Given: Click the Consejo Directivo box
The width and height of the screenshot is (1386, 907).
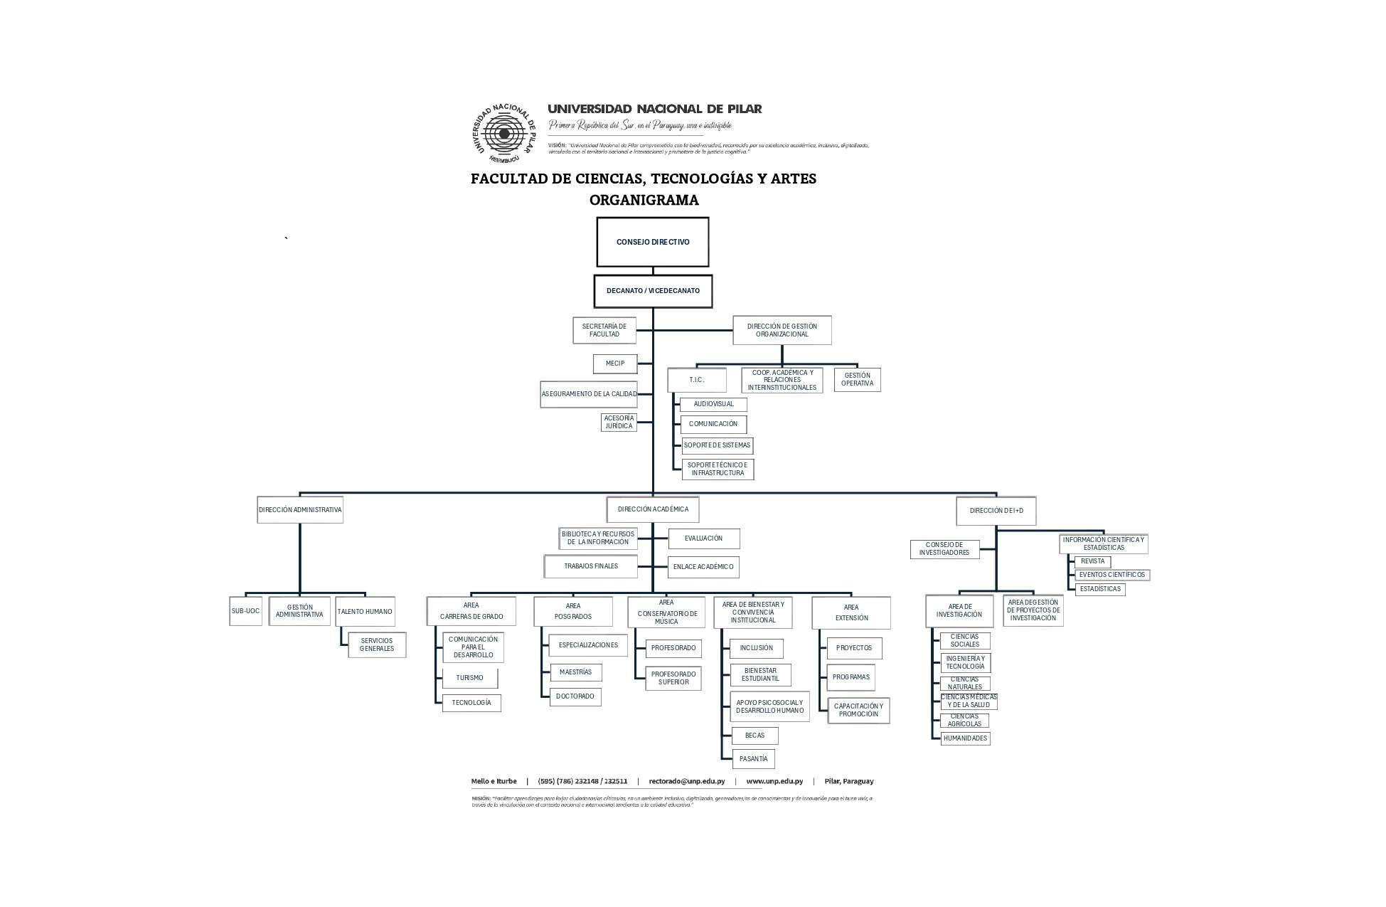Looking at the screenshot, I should [x=652, y=242].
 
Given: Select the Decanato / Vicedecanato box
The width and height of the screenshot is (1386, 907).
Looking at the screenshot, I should [x=652, y=291].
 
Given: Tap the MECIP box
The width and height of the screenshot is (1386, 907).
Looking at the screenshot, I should [x=615, y=364].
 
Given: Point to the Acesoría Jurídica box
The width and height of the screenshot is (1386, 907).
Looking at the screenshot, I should [x=619, y=422].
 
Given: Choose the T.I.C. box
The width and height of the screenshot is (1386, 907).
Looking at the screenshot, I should [x=696, y=380].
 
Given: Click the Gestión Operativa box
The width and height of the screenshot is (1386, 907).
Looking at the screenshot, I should [x=857, y=380].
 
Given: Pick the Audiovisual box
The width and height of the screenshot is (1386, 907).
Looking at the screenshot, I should [x=713, y=404].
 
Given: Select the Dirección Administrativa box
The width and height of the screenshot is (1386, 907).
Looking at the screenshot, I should [x=299, y=510].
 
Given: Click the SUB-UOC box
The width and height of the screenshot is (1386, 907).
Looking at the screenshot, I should [x=245, y=611].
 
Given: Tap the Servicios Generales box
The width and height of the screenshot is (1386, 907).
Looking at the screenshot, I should [x=377, y=645].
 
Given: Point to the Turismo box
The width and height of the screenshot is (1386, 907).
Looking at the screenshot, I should [x=469, y=678].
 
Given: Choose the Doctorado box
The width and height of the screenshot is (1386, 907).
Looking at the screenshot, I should [x=575, y=696].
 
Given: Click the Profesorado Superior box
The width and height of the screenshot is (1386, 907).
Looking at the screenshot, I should [x=673, y=678].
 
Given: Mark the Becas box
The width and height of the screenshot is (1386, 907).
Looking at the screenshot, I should [x=755, y=736].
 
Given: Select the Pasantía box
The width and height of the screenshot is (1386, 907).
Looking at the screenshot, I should [x=753, y=759].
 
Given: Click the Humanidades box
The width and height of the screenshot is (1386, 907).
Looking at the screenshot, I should [x=965, y=738].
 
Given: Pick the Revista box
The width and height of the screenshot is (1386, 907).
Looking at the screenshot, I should [x=1092, y=561].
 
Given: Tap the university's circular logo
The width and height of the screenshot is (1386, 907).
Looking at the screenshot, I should [x=504, y=133].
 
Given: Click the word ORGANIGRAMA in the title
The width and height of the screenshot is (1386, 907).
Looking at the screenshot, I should [x=644, y=200].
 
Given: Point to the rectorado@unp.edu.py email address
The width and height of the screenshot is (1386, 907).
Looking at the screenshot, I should [x=686, y=781].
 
